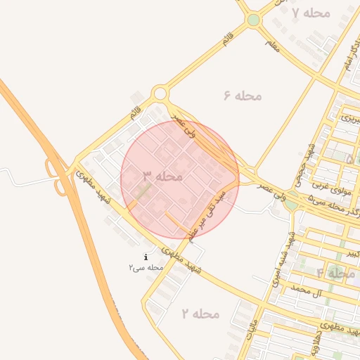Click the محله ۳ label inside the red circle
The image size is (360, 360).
click(x=163, y=176)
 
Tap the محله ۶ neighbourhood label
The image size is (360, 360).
click(x=243, y=96)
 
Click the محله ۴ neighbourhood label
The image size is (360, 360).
click(x=335, y=273)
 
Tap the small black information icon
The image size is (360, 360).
click(x=146, y=257)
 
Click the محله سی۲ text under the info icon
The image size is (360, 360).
click(x=146, y=268)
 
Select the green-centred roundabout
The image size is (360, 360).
click(x=253, y=20)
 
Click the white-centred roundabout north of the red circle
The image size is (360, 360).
click(x=160, y=93)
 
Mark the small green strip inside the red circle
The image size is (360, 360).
click(x=143, y=191)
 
